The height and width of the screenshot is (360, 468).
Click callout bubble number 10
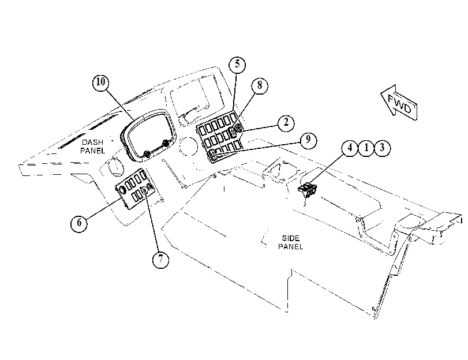point(100,82)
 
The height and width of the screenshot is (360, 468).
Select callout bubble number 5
point(237,64)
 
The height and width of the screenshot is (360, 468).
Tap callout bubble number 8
point(260,85)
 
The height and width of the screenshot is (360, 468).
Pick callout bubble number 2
point(286,123)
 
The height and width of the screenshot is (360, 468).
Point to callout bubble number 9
point(308,140)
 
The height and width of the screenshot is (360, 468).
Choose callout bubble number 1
point(366,148)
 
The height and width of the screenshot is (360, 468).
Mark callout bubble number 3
point(382,148)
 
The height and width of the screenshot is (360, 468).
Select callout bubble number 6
point(79,223)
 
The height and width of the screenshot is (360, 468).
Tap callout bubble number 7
point(160,259)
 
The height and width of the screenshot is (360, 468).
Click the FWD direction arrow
point(399,102)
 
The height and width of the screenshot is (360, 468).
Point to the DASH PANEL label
point(92,147)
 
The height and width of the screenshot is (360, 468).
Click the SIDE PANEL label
point(291,242)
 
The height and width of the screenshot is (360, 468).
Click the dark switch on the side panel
point(308,190)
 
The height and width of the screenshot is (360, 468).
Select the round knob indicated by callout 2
point(238,129)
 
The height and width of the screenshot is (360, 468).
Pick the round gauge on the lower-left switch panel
point(122,190)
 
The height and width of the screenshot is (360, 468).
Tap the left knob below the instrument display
point(147,155)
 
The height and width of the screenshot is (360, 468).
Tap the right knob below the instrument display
point(165,144)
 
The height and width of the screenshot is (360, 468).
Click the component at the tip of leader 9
point(213,155)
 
